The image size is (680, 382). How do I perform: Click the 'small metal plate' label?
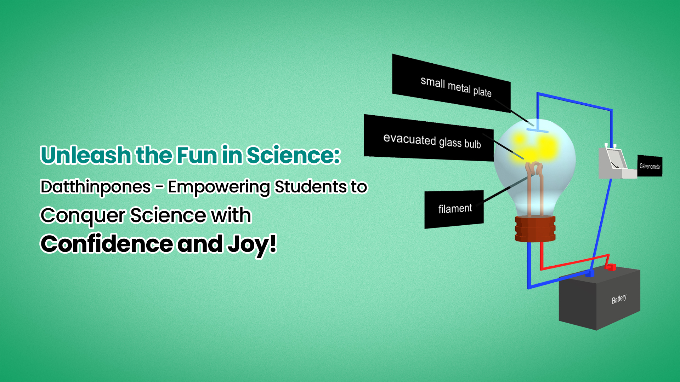(x=451, y=83)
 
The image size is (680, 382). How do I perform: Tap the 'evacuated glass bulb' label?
(x=429, y=138)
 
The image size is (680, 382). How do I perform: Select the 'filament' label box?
(x=454, y=209)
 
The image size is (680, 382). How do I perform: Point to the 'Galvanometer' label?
(x=650, y=166)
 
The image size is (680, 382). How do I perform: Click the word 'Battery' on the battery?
(x=619, y=299)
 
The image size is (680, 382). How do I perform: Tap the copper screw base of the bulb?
(x=535, y=229)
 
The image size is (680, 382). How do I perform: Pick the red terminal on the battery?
(x=611, y=267)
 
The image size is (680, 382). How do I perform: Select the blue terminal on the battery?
(x=590, y=273)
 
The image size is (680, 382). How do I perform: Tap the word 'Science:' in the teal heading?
(x=293, y=155)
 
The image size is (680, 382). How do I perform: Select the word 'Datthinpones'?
(x=96, y=187)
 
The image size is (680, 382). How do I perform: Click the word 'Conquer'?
(x=83, y=216)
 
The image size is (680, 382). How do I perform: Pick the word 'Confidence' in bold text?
(x=107, y=244)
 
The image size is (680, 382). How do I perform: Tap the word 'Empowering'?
(x=219, y=187)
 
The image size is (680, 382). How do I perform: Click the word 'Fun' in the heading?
(x=197, y=155)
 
